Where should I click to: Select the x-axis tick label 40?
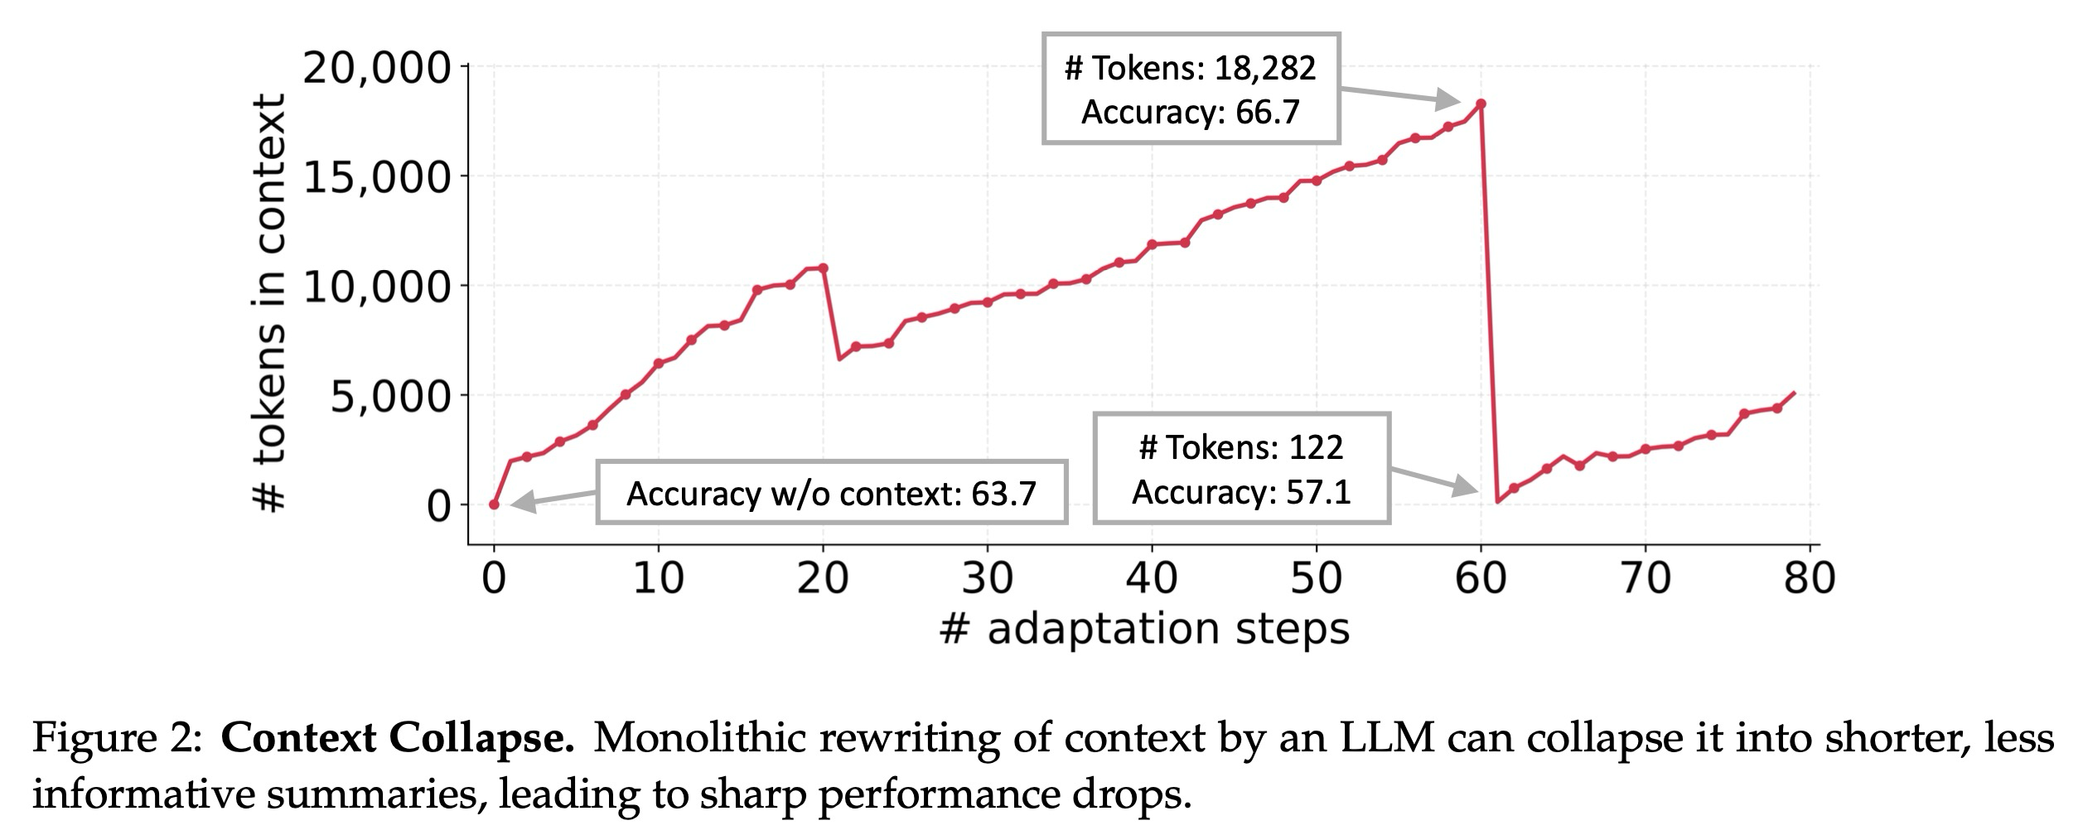1151,577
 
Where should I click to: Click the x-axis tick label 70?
1645,577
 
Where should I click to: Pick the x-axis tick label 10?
658,577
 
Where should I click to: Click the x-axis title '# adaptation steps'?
1144,629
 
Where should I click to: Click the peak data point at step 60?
1481,104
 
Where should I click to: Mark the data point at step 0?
494,504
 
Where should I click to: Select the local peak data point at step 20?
823,268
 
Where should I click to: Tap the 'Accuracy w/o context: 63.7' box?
831,493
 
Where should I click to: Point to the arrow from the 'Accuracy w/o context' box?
553,498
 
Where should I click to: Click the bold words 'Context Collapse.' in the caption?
397,738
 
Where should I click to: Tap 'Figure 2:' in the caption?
116,738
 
